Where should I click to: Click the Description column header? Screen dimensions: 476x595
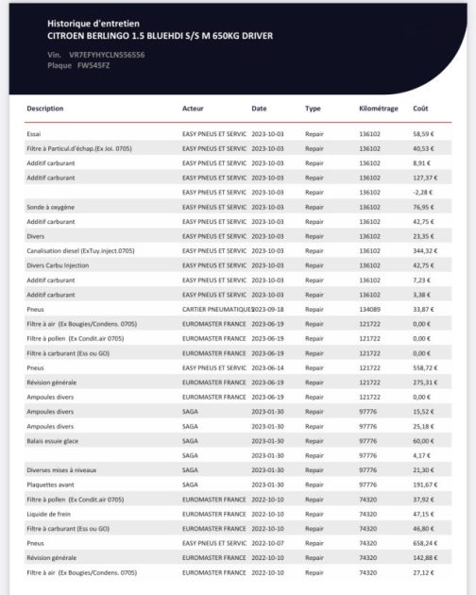click(45, 109)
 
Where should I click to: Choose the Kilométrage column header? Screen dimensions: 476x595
click(379, 109)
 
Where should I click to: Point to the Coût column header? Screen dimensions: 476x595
click(422, 109)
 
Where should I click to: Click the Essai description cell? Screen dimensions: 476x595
click(35, 135)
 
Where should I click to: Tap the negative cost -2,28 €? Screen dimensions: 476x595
click(424, 193)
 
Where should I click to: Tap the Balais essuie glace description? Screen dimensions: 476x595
click(53, 440)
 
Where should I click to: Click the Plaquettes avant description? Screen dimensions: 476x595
click(49, 484)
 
